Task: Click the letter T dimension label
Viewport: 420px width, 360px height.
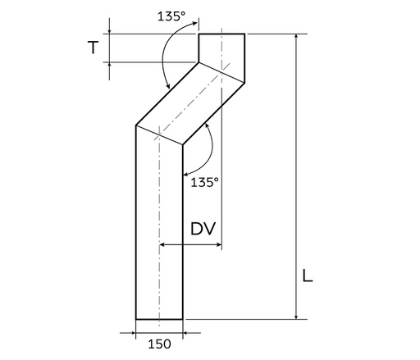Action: (x=96, y=48)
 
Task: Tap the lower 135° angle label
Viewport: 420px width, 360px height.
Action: (x=205, y=183)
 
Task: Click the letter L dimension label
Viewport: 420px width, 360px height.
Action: (x=308, y=276)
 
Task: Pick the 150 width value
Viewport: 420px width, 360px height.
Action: (x=159, y=344)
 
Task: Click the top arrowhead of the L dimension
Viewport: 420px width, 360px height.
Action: (x=294, y=37)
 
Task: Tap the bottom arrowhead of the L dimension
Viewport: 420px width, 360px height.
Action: (x=294, y=315)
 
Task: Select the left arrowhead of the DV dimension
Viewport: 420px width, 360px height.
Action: (x=164, y=244)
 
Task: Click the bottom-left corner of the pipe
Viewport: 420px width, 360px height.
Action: (x=135, y=318)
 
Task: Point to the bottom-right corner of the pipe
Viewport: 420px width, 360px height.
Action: (x=183, y=318)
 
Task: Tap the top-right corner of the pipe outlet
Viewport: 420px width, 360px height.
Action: (x=245, y=34)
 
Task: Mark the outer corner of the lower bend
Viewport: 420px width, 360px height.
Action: (x=135, y=125)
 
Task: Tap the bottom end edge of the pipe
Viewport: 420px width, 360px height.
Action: (x=159, y=318)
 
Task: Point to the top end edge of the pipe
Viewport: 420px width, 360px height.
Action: (x=222, y=34)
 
